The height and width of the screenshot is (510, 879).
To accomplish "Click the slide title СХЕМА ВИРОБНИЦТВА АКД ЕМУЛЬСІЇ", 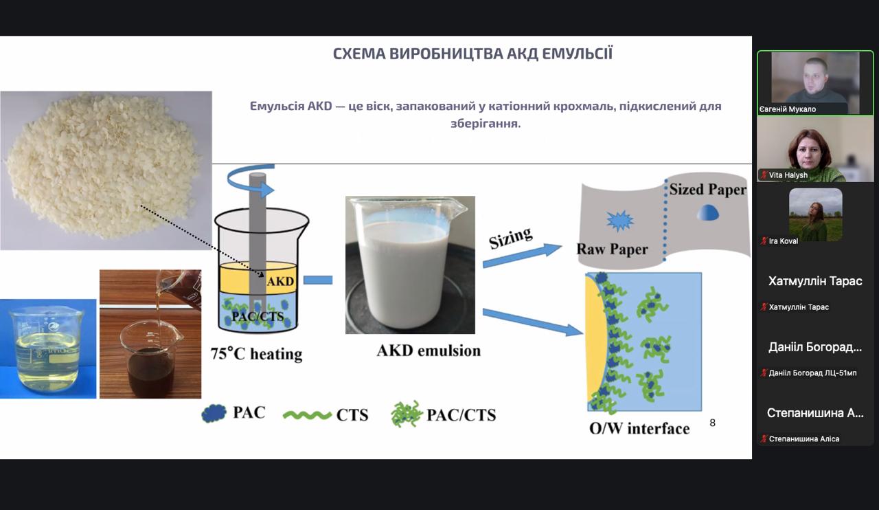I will click(472, 54).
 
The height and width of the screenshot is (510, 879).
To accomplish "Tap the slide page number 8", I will click(712, 423).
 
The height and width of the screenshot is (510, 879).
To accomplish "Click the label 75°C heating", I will click(256, 354).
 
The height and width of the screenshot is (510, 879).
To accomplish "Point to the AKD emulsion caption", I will click(429, 351).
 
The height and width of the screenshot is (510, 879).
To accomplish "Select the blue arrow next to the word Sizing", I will click(522, 255).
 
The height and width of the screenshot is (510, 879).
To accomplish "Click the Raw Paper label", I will click(612, 249).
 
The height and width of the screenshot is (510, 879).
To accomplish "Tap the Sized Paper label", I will click(707, 190).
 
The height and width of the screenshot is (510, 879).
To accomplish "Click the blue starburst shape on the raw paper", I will click(620, 221).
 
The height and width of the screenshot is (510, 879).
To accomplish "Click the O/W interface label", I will click(639, 429).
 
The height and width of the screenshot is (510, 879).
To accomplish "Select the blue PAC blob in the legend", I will click(214, 413).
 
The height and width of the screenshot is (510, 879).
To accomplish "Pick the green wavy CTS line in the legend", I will click(306, 414).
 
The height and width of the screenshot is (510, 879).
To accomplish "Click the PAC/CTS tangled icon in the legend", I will click(407, 414).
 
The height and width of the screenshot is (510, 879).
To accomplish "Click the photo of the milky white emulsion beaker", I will click(410, 265).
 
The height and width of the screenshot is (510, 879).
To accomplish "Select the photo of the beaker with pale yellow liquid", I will click(48, 348).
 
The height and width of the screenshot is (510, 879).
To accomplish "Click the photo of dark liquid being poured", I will click(150, 334).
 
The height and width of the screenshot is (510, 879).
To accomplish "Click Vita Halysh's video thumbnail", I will click(815, 149).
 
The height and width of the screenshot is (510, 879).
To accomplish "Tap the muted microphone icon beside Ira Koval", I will click(764, 241).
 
